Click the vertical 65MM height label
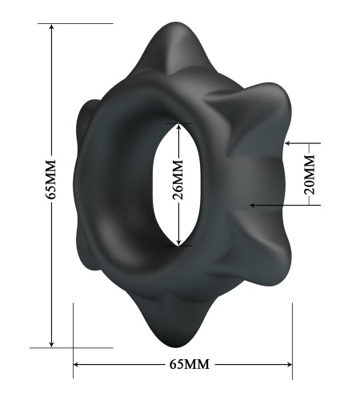(50, 179)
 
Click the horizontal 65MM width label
(190, 364)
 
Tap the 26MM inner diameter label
(178, 180)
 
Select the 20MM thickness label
(310, 174)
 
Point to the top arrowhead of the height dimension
(52, 26)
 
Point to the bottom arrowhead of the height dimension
(52, 344)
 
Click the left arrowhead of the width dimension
(76, 364)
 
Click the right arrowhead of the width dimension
(289, 364)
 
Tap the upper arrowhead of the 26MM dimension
(178, 126)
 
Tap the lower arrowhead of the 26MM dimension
(178, 242)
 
